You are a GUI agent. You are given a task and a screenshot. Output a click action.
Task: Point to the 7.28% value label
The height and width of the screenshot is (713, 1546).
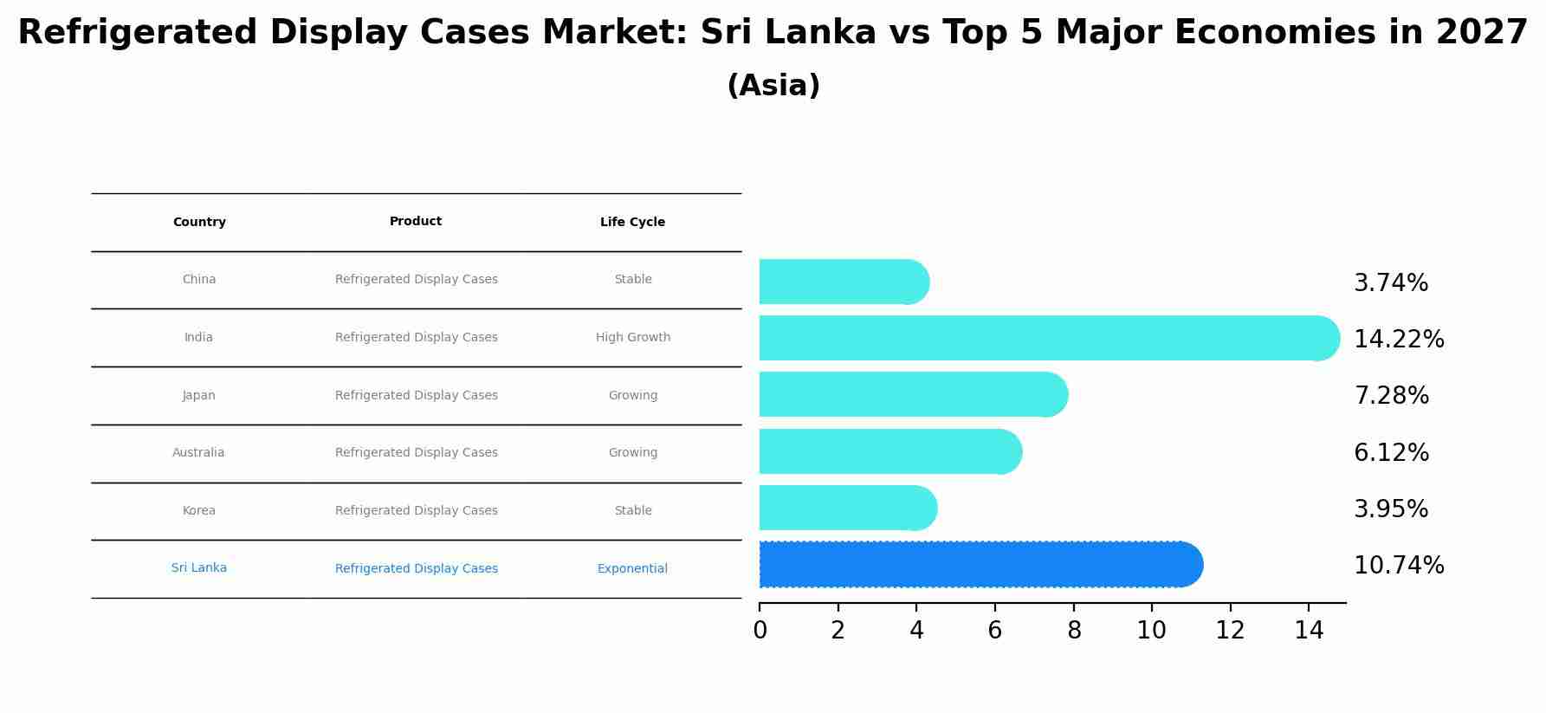pos(1391,396)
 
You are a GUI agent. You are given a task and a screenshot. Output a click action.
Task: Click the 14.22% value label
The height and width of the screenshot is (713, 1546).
pos(1399,340)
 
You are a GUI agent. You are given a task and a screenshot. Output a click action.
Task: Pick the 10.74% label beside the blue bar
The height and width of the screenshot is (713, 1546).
pos(1399,566)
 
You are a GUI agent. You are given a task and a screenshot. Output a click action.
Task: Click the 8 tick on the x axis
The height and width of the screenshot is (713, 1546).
pos(1074,631)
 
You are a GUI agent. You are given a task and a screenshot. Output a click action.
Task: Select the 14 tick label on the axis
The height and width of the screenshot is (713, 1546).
pos(1309,631)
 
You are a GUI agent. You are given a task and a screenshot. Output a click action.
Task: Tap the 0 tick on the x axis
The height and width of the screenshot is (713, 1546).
pos(760,631)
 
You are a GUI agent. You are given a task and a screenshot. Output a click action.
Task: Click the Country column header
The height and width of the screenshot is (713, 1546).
pos(199,223)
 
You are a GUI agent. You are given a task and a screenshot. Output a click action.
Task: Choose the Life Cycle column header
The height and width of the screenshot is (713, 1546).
pos(632,223)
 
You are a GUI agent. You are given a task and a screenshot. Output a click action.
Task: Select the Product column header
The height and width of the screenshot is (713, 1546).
pos(416,222)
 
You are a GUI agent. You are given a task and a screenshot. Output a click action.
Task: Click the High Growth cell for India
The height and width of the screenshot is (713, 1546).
pos(632,338)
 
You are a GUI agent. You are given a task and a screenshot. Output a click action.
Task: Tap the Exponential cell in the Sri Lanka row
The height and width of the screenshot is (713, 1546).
pos(632,569)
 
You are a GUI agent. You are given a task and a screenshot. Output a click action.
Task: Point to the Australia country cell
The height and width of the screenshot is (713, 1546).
pos(198,453)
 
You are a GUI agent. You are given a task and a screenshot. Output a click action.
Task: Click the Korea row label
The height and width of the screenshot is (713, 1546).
pos(198,511)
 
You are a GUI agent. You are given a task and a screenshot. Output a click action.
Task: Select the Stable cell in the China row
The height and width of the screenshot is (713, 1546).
pos(632,280)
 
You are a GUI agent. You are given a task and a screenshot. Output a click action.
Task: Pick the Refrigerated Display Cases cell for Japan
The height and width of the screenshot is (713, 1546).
pos(416,396)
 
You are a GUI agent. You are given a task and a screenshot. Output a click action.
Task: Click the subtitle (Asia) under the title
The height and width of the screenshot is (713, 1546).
pos(773,86)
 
